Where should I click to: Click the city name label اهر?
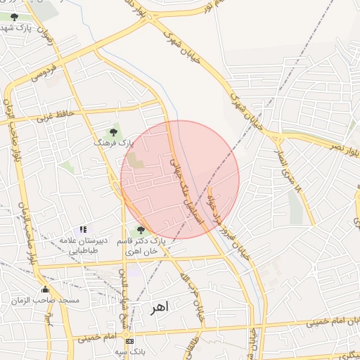(x=162, y=307)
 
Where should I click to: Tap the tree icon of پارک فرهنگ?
(x=113, y=131)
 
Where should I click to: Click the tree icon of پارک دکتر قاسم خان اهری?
(x=141, y=230)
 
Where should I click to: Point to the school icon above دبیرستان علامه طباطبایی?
(x=83, y=229)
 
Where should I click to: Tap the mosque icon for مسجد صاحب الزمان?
(x=46, y=289)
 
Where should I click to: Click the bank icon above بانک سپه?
(x=129, y=341)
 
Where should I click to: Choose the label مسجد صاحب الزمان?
(x=45, y=300)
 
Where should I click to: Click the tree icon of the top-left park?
(x=15, y=16)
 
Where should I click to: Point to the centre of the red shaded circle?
(x=180, y=179)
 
